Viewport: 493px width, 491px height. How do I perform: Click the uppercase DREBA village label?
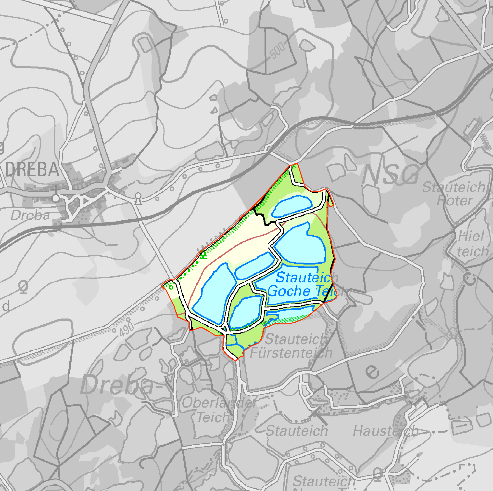click(x=32, y=170)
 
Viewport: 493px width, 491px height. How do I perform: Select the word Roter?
click(x=455, y=200)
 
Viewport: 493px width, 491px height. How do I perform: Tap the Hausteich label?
click(x=385, y=431)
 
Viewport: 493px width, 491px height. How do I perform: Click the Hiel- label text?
click(x=473, y=237)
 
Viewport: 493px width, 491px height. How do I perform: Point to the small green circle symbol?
click(x=171, y=287)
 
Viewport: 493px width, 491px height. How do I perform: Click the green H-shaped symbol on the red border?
click(x=204, y=255)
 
